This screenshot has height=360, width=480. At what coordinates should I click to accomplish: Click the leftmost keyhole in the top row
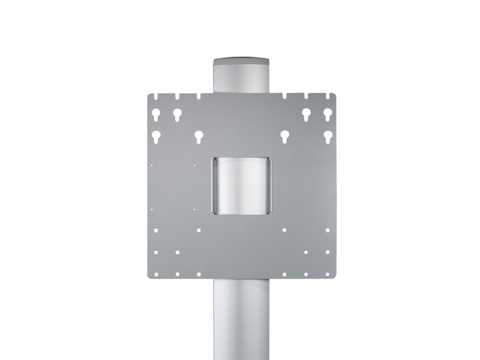tap(155, 113)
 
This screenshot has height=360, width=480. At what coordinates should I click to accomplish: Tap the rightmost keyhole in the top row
tap(328, 113)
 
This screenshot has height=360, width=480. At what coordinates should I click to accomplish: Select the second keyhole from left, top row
tap(177, 113)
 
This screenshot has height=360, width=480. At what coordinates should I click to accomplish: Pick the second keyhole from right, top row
tap(306, 113)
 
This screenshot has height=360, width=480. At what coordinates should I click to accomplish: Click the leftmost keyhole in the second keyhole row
tap(155, 136)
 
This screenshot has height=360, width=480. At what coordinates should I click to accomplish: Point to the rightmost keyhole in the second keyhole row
tap(328, 136)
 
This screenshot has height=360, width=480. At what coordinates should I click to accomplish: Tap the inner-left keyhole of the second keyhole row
tap(199, 136)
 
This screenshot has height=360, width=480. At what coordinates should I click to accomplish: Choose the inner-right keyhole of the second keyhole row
tap(284, 136)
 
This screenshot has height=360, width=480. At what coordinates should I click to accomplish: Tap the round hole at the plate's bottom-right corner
tap(328, 274)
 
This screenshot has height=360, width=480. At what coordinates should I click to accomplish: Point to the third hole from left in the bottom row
tap(199, 274)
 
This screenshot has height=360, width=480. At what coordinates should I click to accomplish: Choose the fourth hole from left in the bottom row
tap(284, 274)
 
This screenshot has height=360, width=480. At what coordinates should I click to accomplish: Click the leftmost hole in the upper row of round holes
tap(155, 230)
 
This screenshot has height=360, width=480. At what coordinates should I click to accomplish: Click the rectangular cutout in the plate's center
tap(241, 185)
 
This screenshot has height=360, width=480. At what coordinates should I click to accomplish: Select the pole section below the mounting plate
tap(241, 318)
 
